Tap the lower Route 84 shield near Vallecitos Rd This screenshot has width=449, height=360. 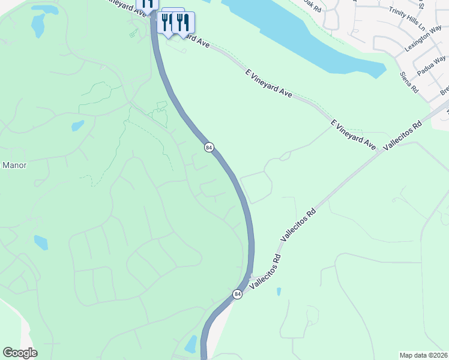(x=238, y=294)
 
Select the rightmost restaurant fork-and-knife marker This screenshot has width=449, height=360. (x=183, y=23)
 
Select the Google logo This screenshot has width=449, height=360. (x=20, y=353)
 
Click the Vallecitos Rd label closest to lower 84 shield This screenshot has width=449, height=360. (x=265, y=274)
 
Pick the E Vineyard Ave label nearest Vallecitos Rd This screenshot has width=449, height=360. (x=354, y=135)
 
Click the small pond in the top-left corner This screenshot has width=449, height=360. (x=38, y=24)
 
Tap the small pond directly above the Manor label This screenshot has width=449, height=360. (x=77, y=126)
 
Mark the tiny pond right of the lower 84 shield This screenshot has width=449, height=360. (x=279, y=292)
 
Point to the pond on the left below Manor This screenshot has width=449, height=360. (x=41, y=242)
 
